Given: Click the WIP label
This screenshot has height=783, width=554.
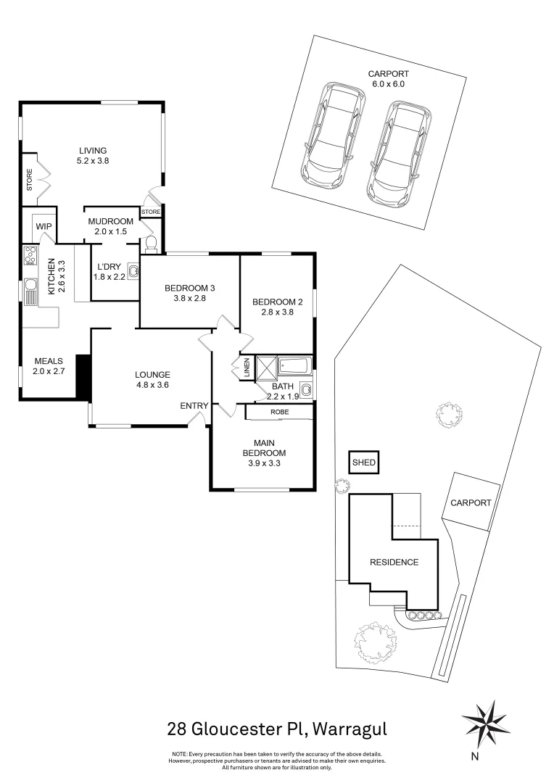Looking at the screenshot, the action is [x=44, y=226].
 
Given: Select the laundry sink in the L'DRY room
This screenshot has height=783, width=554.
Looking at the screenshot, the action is [x=133, y=271].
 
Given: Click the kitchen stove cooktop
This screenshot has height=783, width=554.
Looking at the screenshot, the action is [x=30, y=256].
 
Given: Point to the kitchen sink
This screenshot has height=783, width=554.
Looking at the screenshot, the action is [x=30, y=292].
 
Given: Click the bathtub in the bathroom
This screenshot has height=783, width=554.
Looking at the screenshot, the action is [x=294, y=366].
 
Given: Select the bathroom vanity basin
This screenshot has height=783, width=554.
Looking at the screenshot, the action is [x=306, y=389].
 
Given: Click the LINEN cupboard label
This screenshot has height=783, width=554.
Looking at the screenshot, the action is [x=247, y=368].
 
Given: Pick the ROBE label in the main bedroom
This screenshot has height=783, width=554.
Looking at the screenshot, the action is [x=279, y=412].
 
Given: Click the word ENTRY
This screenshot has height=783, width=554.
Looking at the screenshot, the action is [x=194, y=406].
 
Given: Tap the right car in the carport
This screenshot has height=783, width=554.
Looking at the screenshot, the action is [x=399, y=155].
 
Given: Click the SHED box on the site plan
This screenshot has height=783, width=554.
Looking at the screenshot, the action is [x=364, y=463].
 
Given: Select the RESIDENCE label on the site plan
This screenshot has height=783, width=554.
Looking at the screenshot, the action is [x=394, y=563].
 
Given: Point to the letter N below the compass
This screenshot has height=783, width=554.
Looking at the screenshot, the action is [x=474, y=756].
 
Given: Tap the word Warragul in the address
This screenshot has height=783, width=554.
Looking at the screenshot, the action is [x=350, y=730].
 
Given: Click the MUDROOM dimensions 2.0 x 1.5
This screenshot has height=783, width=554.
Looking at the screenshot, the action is [x=111, y=232].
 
